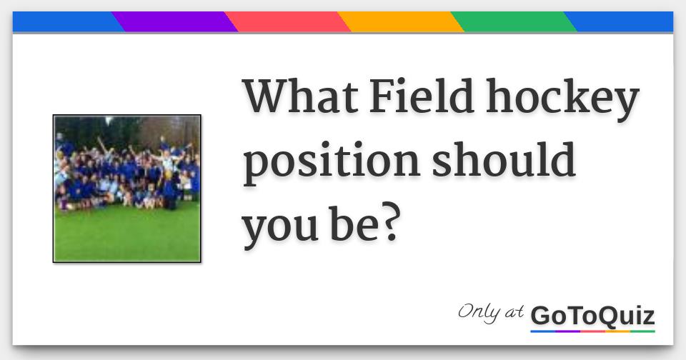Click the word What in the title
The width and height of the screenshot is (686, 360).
pyautogui.click(x=301, y=96)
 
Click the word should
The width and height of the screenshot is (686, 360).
pyautogui.click(x=503, y=159)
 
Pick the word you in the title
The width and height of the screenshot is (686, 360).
pyautogui.click(x=280, y=227)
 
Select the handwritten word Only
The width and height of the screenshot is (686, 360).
pyautogui.click(x=479, y=312)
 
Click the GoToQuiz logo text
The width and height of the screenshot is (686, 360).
pyautogui.click(x=592, y=316)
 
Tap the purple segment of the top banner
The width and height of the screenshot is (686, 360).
pyautogui.click(x=174, y=22)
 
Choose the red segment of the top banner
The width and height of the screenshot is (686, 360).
pyautogui.click(x=287, y=22)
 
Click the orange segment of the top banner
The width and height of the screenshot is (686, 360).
pyautogui.click(x=400, y=22)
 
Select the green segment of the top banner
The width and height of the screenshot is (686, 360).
pyautogui.click(x=514, y=22)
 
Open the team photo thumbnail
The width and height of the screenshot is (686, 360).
pyautogui.click(x=127, y=189)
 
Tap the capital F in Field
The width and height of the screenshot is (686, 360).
pyautogui.click(x=382, y=96)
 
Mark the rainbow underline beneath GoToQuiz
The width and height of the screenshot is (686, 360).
pyautogui.click(x=592, y=331)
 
